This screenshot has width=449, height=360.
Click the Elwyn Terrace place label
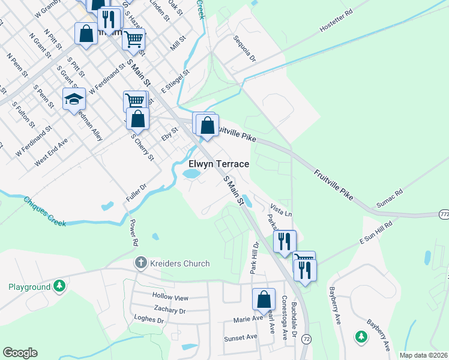(x=218, y=163)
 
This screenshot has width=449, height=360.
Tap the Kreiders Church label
(x=179, y=263)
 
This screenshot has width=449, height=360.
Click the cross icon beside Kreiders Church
(x=140, y=263)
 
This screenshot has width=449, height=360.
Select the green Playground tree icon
(x=59, y=287)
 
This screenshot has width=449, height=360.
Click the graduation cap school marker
(x=74, y=99)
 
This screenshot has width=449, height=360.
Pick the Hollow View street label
(x=170, y=298)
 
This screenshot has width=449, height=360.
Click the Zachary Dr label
(x=169, y=310)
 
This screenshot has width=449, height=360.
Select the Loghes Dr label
(x=149, y=320)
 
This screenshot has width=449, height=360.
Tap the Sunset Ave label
(x=240, y=338)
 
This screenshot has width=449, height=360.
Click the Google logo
(x=20, y=353)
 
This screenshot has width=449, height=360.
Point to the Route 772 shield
(x=444, y=214)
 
